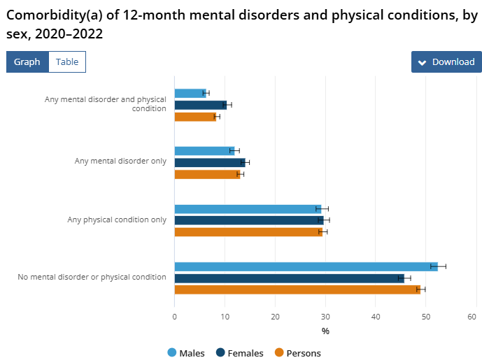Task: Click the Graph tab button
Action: (27, 62)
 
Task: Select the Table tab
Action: (67, 62)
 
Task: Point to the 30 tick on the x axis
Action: (325, 317)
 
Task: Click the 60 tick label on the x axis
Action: (476, 317)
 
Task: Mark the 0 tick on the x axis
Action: (174, 317)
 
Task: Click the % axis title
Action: (325, 331)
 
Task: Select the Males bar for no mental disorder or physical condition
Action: (306, 266)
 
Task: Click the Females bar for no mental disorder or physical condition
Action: (289, 278)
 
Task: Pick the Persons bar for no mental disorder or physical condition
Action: (297, 289)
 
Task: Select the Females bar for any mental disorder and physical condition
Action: (200, 105)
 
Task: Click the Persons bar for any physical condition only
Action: (248, 232)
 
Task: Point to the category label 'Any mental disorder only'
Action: (120, 161)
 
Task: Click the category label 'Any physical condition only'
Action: (117, 219)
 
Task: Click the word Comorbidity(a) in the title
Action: (55, 13)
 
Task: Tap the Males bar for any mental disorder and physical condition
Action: (190, 93)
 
